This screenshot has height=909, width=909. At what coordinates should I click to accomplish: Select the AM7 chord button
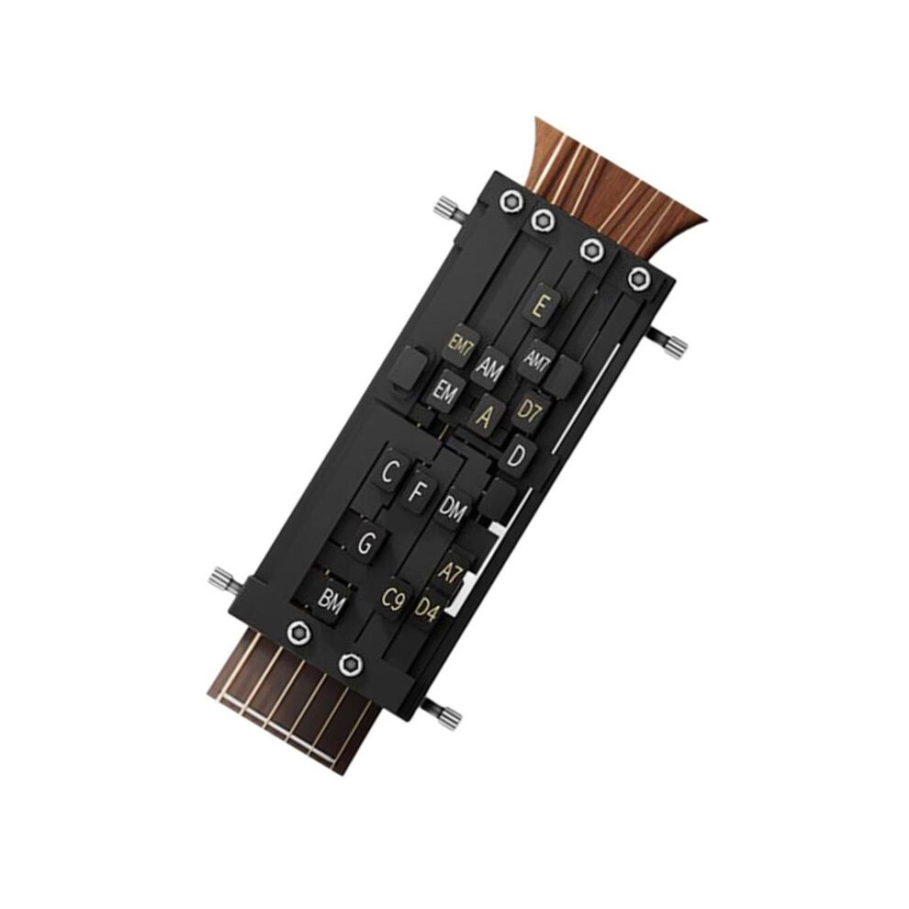pyautogui.click(x=537, y=361)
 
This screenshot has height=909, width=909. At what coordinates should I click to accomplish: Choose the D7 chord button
pyautogui.click(x=529, y=410)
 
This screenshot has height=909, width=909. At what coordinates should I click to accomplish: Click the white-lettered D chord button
pyautogui.click(x=516, y=455)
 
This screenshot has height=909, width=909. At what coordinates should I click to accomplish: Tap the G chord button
pyautogui.click(x=365, y=544)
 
